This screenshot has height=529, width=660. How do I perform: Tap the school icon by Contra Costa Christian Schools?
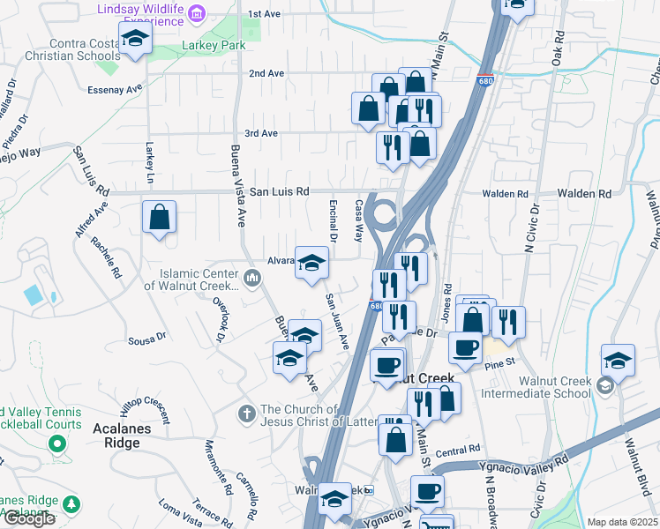[136, 39]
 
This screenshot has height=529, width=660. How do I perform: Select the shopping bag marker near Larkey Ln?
[159, 218]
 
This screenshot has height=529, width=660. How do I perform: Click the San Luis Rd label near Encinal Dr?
[279, 191]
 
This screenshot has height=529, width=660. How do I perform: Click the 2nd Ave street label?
[266, 73]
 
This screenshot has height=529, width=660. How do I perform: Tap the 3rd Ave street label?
[261, 133]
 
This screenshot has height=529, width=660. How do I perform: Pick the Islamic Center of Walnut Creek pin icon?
[253, 279]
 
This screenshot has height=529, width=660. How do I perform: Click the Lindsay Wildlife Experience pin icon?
[198, 12]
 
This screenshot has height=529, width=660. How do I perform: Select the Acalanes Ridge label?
[116, 435]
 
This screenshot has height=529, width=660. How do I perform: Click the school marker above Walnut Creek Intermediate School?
[618, 361]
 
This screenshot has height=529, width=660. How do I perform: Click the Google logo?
[29, 518]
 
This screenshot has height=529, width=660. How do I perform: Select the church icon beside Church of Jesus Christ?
[248, 412]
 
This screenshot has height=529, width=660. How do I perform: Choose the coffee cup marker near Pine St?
[465, 346]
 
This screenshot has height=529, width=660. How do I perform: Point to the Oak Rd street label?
[558, 49]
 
